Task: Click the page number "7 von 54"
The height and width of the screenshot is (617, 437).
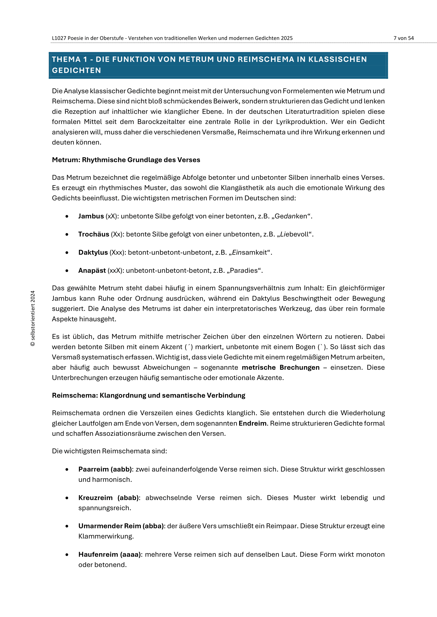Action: [403, 38]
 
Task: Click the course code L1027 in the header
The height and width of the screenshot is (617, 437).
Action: [59, 38]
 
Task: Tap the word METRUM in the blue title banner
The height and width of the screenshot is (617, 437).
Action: [196, 59]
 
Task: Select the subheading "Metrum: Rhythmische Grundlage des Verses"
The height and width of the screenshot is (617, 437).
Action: [126, 160]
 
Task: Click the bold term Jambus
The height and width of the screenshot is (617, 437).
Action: [91, 216]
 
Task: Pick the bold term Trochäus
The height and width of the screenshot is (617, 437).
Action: [94, 234]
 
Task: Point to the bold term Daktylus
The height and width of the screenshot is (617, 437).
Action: [93, 253]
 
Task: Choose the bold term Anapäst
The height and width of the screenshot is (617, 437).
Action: [92, 271]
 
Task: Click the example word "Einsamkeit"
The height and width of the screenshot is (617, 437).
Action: [250, 253]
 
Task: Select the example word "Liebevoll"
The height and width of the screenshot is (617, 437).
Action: [294, 234]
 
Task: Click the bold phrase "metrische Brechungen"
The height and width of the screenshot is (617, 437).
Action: [281, 368]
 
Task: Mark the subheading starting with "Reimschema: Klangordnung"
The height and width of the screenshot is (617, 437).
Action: [148, 396]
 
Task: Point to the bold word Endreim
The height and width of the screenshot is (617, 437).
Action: [252, 424]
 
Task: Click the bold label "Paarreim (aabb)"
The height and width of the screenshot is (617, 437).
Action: [105, 470]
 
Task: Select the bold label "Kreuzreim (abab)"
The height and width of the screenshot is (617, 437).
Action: [109, 498]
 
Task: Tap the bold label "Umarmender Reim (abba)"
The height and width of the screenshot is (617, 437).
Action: [121, 526]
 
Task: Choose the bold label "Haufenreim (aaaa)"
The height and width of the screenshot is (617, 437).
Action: [110, 555]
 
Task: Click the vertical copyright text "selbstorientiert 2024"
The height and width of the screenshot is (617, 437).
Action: [33, 318]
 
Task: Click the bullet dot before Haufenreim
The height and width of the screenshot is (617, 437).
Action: [67, 555]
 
